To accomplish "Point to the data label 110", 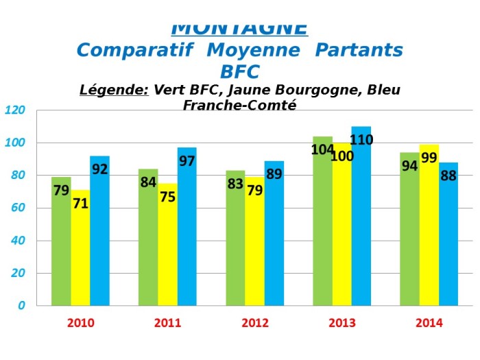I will (x=361, y=141).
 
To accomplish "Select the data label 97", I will (x=187, y=162).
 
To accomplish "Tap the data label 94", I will (x=409, y=165).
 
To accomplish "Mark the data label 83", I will (x=235, y=183).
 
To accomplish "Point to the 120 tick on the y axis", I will (x=15, y=110).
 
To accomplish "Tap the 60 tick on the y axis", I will (x=18, y=208).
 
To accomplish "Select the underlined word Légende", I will (x=114, y=90).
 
